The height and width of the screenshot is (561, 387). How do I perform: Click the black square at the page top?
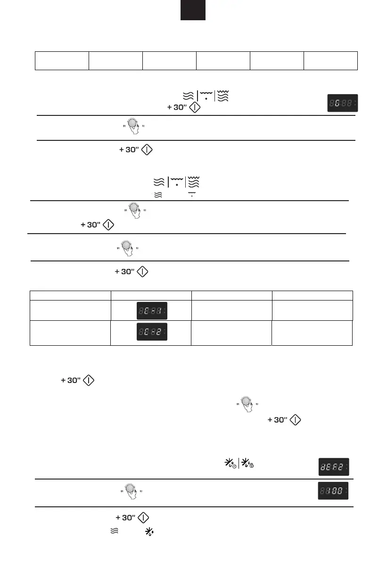[193, 10]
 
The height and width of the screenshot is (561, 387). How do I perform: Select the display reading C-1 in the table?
[151, 310]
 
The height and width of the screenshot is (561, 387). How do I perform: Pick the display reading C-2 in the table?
[151, 333]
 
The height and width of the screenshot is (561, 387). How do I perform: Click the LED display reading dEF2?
[332, 466]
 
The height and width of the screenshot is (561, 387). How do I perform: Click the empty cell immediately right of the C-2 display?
[231, 333]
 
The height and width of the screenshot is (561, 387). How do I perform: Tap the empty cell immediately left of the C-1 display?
[70, 310]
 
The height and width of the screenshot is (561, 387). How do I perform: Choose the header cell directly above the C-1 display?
[151, 295]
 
